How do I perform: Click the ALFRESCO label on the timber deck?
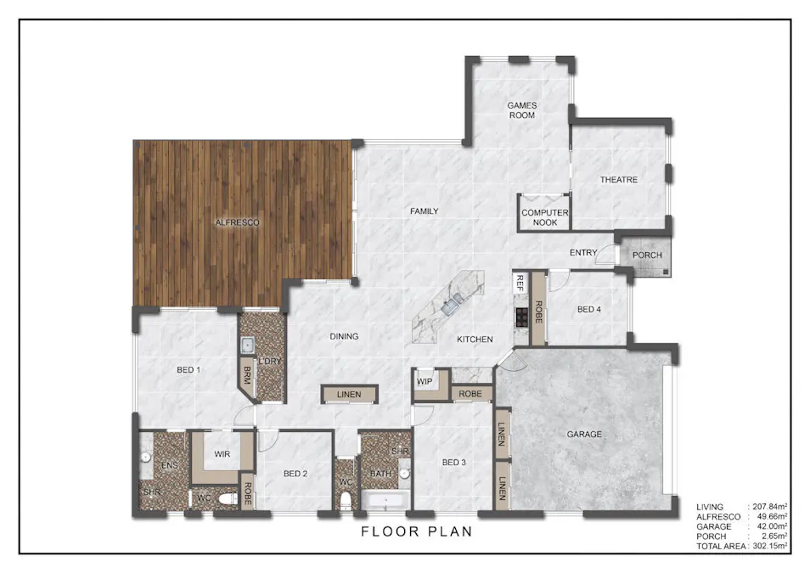point(237,222)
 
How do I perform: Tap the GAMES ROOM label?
point(522,110)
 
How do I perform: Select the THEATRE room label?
point(618,180)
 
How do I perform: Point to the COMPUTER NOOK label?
point(544,217)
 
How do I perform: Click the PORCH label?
point(647,256)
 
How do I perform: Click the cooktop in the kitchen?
point(522,317)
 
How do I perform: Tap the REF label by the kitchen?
point(520,284)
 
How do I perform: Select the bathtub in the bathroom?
point(385,501)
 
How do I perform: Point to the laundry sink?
point(247,345)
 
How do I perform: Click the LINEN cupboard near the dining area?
point(349,394)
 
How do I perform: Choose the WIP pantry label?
point(425,382)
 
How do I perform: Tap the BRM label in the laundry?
point(247,375)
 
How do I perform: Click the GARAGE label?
point(584,435)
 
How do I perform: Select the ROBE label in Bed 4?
point(538,312)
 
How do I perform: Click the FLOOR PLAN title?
point(416,531)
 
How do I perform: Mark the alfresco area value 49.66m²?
point(773,517)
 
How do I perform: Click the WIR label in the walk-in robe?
point(222,454)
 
